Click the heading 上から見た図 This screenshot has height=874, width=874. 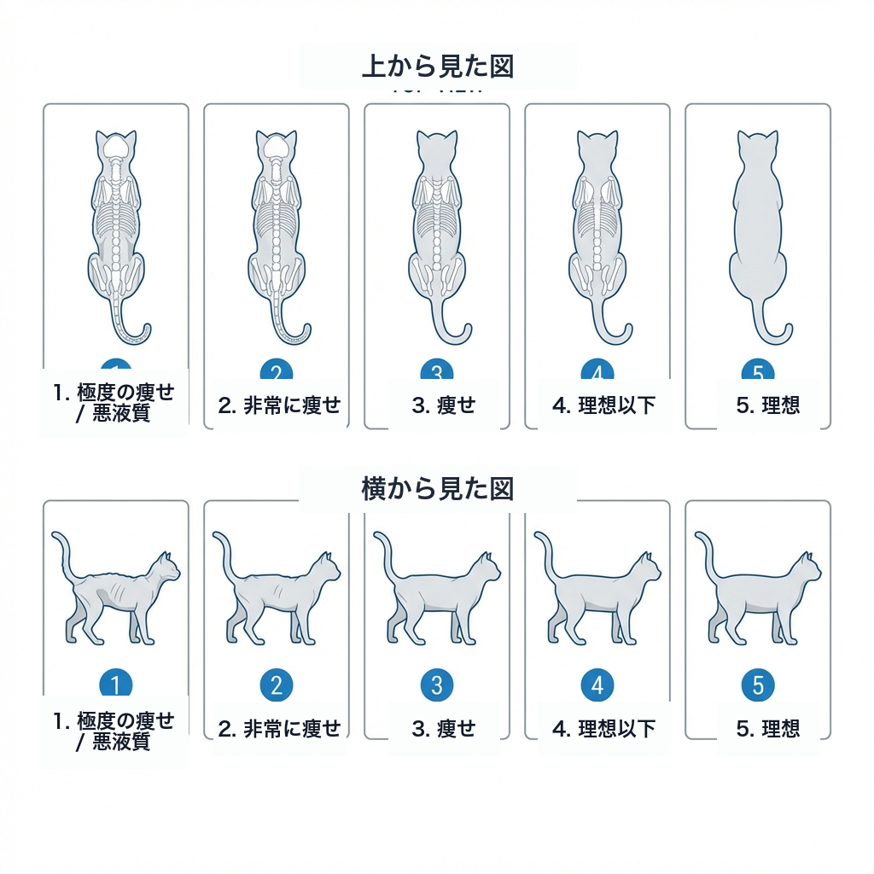point(437,66)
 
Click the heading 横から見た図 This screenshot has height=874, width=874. point(437,489)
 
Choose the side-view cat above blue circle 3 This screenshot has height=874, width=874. point(437,597)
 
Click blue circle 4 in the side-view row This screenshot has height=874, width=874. point(597,685)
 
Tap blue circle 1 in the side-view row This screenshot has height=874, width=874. point(116,685)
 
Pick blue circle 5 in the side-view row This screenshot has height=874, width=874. point(758,685)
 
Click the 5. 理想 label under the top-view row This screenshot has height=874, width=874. point(768,405)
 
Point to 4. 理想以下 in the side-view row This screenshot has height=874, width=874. point(603,729)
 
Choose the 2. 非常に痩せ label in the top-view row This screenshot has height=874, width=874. point(279,405)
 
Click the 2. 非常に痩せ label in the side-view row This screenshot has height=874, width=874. point(279,729)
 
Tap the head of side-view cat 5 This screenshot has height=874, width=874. point(806,568)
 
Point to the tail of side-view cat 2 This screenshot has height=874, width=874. point(223,551)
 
